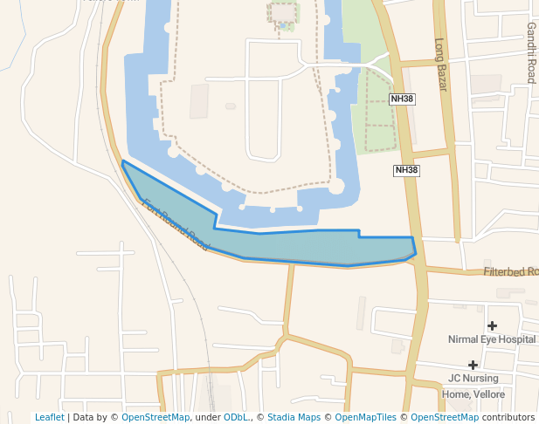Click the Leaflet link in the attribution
tap(49, 418)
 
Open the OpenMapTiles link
tap(362, 418)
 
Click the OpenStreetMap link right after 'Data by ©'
tap(155, 418)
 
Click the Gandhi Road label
tap(530, 52)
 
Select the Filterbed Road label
tap(511, 272)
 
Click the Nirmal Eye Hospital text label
tap(491, 339)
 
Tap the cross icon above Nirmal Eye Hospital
tap(493, 325)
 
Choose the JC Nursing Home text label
tap(473, 379)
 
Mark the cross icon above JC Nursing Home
tap(473, 365)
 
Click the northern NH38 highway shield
tap(402, 99)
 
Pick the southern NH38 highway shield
tap(406, 171)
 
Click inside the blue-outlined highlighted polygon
tap(314, 247)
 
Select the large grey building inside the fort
tap(199, 101)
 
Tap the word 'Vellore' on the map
tap(491, 394)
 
